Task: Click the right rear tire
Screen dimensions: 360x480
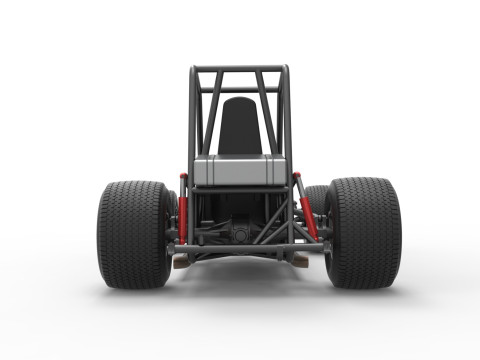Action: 362,232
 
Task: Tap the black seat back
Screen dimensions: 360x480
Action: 240,126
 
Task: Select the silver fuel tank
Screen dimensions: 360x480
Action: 240,170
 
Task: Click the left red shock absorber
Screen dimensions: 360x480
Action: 183,210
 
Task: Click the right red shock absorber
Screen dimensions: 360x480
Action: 307,210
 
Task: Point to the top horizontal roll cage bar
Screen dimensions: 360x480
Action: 240,70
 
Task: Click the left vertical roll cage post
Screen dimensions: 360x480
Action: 191,120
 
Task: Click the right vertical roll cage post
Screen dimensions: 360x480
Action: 288,120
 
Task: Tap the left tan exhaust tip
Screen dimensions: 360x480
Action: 181,261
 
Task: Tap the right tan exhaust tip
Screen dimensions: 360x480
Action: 299,261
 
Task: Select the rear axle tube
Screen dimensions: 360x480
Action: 240,248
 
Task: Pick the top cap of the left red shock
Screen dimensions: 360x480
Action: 183,177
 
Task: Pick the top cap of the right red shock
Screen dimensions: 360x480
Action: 296,177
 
